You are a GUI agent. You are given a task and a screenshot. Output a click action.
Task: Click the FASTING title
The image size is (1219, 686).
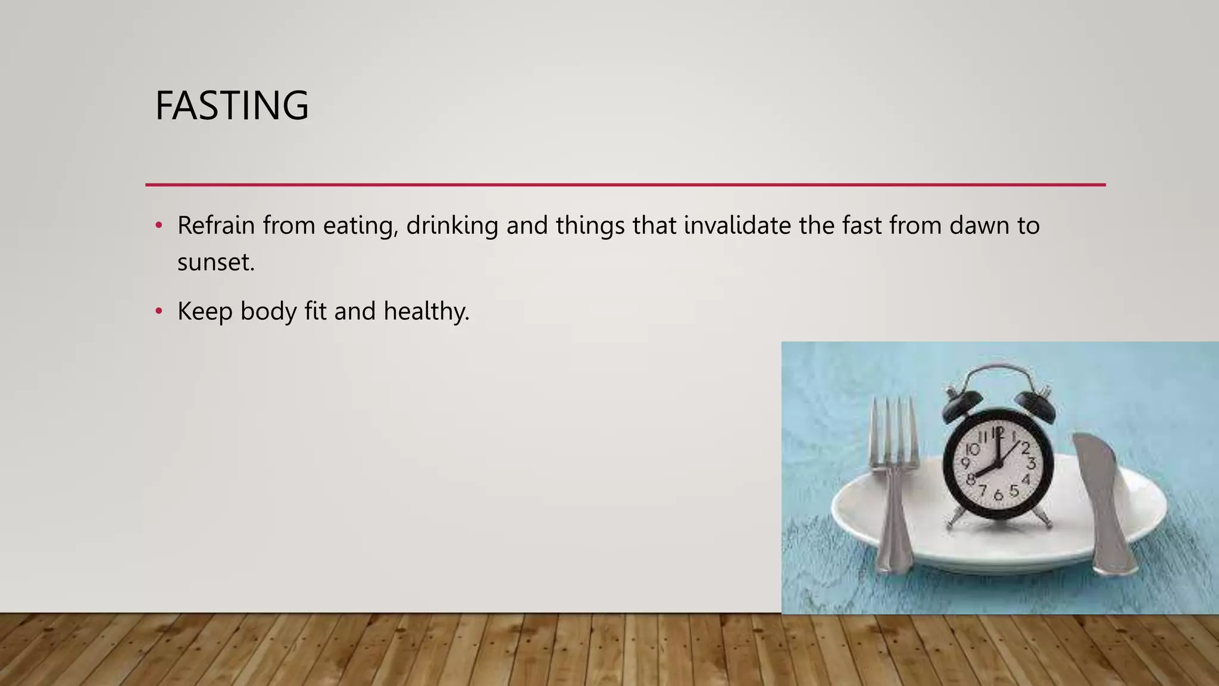click(x=232, y=106)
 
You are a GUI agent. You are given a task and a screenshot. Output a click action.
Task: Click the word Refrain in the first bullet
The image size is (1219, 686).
click(x=216, y=226)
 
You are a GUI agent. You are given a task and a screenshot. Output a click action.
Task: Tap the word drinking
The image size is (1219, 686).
click(x=452, y=226)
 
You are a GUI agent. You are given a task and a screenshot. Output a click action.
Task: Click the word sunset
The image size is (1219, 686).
click(x=215, y=262)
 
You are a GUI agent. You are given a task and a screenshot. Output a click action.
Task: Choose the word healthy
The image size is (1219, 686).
click(x=426, y=311)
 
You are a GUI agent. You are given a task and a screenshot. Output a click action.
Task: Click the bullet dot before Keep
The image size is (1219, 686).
click(x=158, y=311)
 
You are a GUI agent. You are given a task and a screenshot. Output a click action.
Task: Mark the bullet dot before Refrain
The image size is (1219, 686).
click(x=158, y=225)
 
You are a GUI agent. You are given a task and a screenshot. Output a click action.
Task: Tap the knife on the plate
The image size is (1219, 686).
click(x=1101, y=500)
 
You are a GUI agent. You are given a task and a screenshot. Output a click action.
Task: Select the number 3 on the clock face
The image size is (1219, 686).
click(x=1031, y=463)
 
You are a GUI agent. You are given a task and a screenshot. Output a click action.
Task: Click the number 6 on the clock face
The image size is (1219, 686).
click(x=998, y=495)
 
